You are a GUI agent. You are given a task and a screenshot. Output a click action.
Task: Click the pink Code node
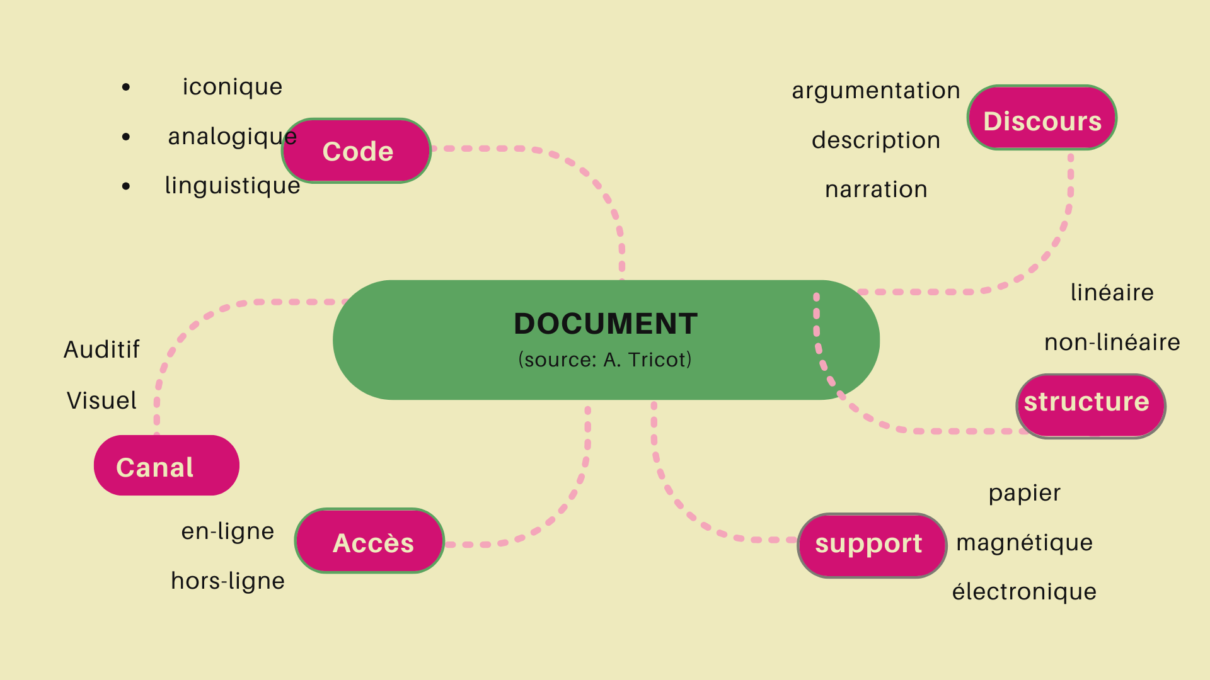point(357,151)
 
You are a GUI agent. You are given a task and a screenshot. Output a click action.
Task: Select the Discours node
point(1042,118)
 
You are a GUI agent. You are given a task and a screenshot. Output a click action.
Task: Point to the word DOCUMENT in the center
point(606,324)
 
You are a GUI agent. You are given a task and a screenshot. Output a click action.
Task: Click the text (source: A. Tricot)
point(605,360)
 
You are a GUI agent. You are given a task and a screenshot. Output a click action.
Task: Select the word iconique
point(233,87)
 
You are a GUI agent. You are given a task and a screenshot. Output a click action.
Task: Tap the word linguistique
point(233,186)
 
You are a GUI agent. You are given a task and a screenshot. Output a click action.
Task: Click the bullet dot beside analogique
point(127,137)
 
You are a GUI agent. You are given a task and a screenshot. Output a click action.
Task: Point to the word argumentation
point(876,91)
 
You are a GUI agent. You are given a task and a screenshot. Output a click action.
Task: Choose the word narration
point(876,190)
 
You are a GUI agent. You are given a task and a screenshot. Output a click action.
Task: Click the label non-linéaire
point(1112,343)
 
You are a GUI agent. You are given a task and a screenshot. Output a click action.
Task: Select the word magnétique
point(1024,543)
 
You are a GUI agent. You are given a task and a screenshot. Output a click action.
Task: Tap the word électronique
point(1024,592)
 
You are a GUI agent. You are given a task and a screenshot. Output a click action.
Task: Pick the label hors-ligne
point(228,581)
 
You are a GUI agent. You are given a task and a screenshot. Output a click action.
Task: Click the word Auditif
point(101,350)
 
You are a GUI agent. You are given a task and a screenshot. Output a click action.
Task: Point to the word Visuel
point(101,401)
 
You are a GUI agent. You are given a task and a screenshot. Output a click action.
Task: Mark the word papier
point(1024,493)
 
